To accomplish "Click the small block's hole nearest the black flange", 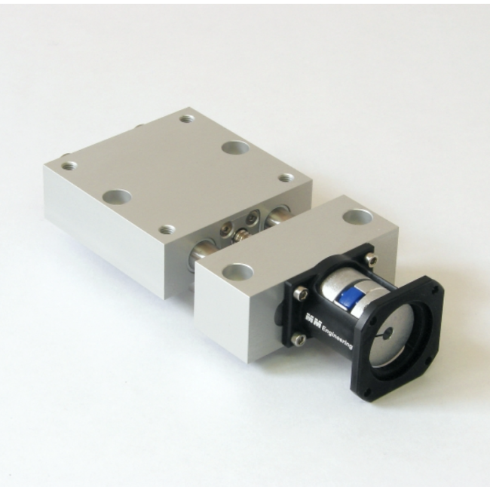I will (x=357, y=217).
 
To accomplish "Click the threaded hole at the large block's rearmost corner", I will (x=187, y=119).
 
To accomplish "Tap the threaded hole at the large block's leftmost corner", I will (x=69, y=164).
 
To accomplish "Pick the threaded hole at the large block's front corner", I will (x=166, y=228).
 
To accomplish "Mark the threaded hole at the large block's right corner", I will (x=286, y=178).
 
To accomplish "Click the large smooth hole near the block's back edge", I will (x=237, y=147).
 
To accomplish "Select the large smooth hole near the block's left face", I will (x=117, y=197).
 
